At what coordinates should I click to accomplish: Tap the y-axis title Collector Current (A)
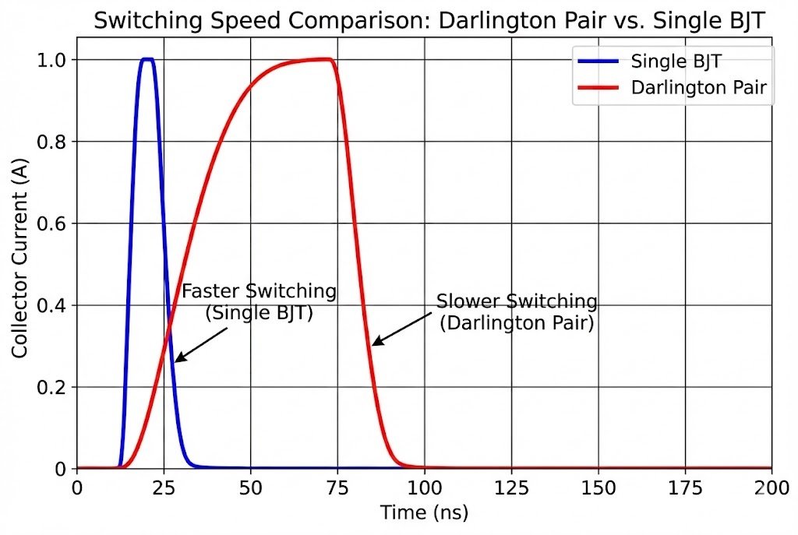point(20,265)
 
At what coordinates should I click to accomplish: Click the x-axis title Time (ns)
point(424,513)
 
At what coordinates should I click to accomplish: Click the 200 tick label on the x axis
point(771,488)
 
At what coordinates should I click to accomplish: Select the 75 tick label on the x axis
point(337,488)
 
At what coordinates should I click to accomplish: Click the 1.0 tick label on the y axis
point(52,60)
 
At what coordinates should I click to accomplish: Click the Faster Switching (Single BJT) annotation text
point(259,302)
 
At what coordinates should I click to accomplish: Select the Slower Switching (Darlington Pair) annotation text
point(517,312)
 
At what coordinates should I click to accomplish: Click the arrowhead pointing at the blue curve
point(177,360)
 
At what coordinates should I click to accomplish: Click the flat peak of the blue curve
point(147,59)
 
